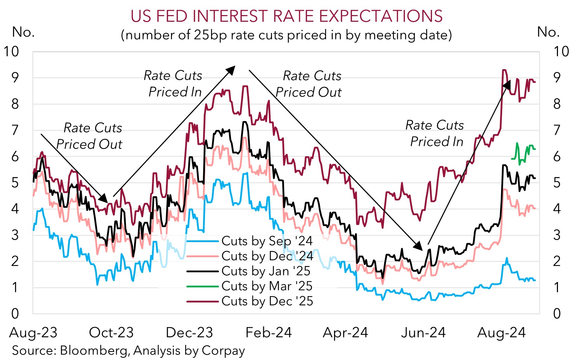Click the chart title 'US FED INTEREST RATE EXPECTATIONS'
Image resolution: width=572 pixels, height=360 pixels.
click(x=286, y=16)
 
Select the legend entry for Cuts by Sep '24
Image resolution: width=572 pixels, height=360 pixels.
click(x=267, y=241)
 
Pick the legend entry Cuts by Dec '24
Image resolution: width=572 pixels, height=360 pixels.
click(x=267, y=256)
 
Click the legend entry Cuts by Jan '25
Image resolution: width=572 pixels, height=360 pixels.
click(x=266, y=271)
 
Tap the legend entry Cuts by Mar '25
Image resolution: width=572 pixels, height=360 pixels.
click(x=267, y=286)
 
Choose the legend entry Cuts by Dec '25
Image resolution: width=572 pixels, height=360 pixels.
click(x=267, y=301)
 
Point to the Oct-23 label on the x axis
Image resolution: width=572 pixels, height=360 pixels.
click(x=111, y=333)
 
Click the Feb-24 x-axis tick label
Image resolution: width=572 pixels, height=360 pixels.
click(x=268, y=333)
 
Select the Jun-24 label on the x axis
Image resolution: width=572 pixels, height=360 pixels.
click(x=423, y=333)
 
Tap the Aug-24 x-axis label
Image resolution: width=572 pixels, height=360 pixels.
click(x=501, y=333)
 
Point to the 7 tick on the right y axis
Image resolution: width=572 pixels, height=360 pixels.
click(x=557, y=130)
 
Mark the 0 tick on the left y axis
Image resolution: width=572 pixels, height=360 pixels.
click(x=15, y=313)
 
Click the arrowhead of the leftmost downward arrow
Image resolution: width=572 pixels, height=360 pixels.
click(x=104, y=199)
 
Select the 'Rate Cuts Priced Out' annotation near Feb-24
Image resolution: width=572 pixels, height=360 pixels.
click(x=309, y=84)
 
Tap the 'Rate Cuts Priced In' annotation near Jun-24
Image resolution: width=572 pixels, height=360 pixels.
click(x=435, y=133)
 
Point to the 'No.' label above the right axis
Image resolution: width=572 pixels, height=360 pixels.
click(x=548, y=32)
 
